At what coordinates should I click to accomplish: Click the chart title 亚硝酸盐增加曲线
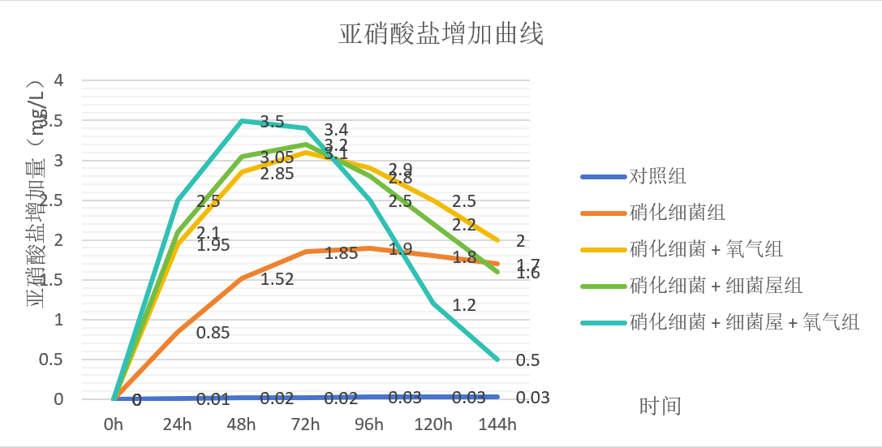click(x=441, y=35)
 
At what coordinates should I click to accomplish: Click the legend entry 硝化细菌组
click(x=677, y=213)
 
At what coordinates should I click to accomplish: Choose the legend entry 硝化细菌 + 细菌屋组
click(x=716, y=286)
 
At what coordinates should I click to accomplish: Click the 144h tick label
click(x=497, y=424)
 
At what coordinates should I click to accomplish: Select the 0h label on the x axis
click(x=114, y=424)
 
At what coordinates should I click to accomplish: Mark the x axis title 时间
click(x=660, y=406)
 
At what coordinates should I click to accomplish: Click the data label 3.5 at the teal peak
click(x=272, y=123)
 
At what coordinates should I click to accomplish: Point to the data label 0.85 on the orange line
click(x=213, y=332)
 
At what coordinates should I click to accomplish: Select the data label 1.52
click(x=277, y=279)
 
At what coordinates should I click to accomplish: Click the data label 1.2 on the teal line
click(x=464, y=305)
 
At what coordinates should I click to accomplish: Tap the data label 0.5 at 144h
click(x=527, y=360)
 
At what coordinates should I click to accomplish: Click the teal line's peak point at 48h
click(x=242, y=120)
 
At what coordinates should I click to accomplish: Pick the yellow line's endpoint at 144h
click(x=497, y=240)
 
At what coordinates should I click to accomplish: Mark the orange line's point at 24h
click(x=178, y=331)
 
